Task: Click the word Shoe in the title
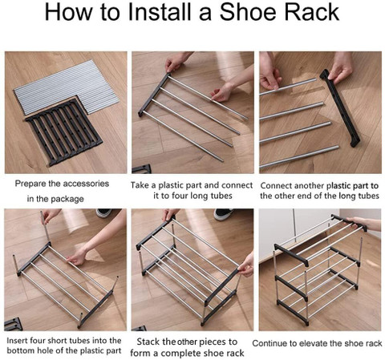pos(248,12)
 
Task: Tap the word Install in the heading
pos(160,12)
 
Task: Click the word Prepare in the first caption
pos(30,184)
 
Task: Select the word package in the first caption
pos(67,199)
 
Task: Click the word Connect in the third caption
pos(277,185)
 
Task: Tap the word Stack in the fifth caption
pos(148,342)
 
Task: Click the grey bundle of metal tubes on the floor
pos(66,87)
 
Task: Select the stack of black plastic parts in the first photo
pos(64,131)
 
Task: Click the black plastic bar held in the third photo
pos(340,108)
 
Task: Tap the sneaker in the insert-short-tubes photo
pos(104,212)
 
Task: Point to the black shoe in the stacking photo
pos(223,213)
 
